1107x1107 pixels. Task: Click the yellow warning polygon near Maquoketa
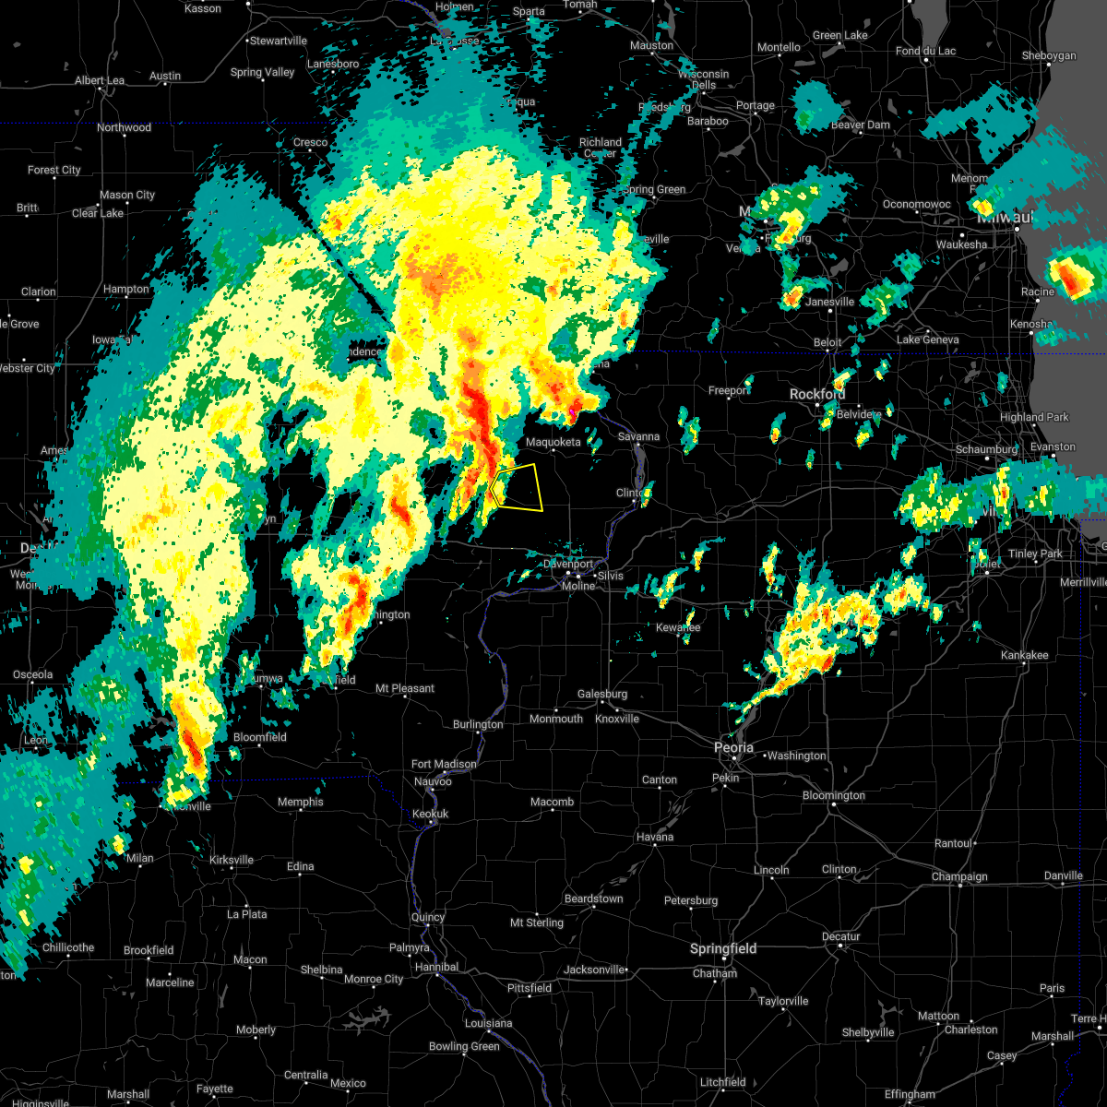click(518, 488)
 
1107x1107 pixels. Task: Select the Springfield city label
click(723, 949)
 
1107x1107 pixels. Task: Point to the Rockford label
click(817, 394)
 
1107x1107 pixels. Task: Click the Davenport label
click(568, 564)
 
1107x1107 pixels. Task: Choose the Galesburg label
click(602, 695)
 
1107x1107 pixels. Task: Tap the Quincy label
click(428, 917)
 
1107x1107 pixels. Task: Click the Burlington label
click(478, 724)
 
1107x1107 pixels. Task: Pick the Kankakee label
click(1025, 655)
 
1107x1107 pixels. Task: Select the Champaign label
click(959, 876)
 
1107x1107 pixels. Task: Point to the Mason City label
click(127, 195)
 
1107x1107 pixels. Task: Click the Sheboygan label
click(1049, 56)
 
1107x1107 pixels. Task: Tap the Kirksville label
click(231, 860)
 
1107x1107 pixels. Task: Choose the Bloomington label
click(834, 795)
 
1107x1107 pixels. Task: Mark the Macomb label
click(552, 803)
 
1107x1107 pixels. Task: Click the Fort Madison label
click(444, 764)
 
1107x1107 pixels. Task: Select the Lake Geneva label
click(927, 339)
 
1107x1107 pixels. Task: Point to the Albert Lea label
click(101, 80)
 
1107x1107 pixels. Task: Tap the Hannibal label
click(436, 967)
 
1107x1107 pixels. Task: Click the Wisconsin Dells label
click(703, 79)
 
